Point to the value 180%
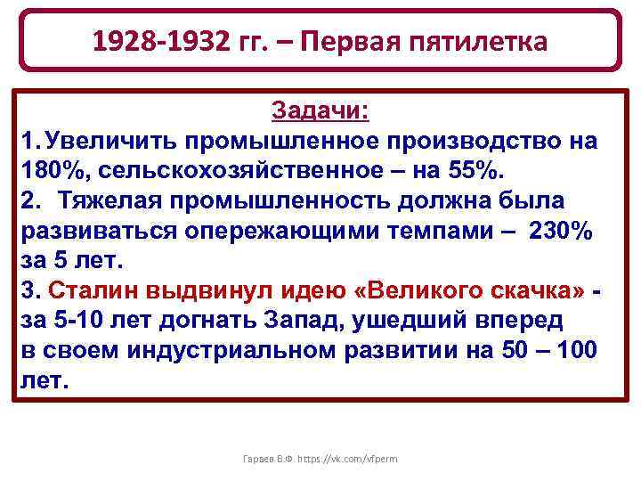(45, 170)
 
